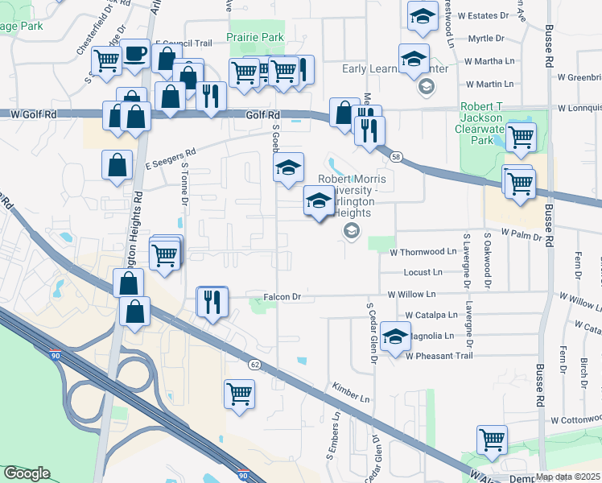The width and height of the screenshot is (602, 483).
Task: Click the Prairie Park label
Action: pos(255,37)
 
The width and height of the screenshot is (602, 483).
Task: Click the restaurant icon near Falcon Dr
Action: pos(212,302)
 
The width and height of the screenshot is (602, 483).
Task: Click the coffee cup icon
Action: pos(134,54)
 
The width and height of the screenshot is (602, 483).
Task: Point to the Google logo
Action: pos(27,473)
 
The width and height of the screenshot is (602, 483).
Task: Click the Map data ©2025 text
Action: pos(567,477)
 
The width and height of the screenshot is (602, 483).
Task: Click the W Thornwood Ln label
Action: pos(423,252)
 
